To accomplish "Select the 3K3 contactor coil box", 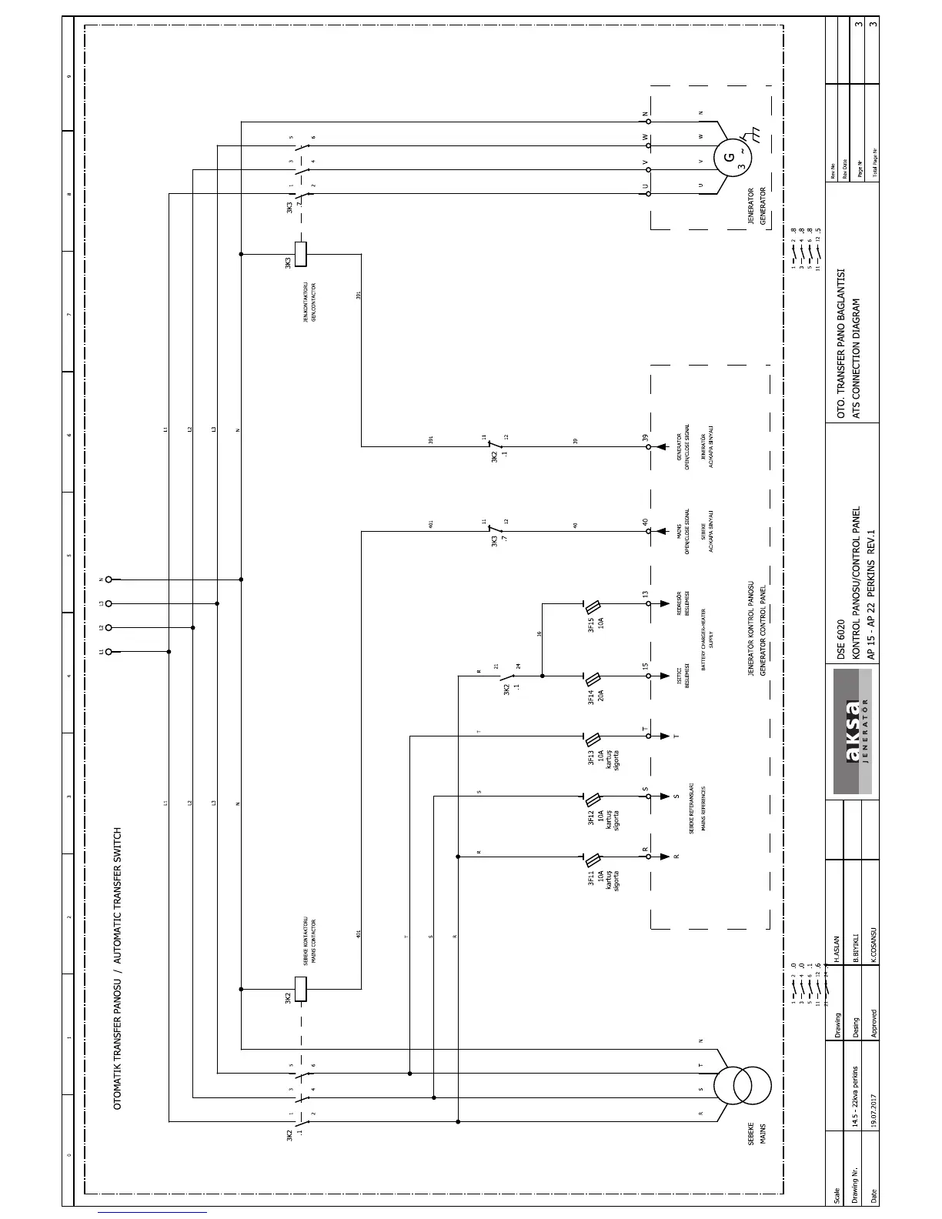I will (x=302, y=254).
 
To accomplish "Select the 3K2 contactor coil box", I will (x=302, y=989).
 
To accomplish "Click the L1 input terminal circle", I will (x=109, y=652).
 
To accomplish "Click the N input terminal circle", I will (x=109, y=579).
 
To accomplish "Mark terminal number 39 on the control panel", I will (x=646, y=438).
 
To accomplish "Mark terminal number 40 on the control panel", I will (x=646, y=522).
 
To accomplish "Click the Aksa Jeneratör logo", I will (x=853, y=731).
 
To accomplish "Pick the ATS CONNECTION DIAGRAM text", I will (x=854, y=359).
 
